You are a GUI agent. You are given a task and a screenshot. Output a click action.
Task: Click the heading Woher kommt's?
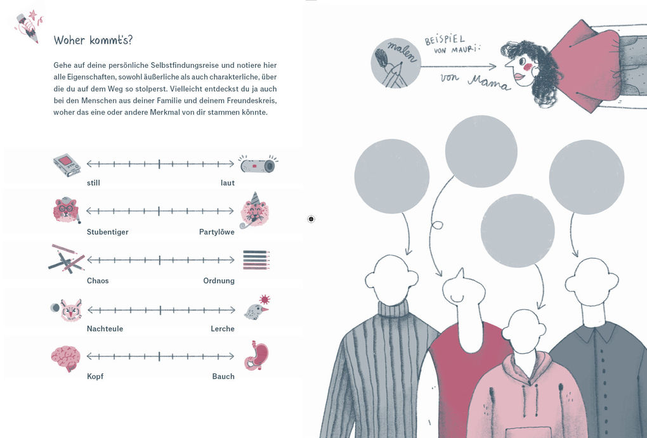point(93,41)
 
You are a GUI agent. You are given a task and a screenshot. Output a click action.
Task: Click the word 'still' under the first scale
point(94,183)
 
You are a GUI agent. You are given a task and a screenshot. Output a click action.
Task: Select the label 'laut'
point(227,183)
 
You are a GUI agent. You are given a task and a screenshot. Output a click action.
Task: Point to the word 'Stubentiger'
point(108,232)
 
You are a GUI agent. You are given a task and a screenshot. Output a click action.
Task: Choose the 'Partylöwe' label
point(217,232)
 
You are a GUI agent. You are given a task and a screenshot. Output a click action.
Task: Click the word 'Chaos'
point(98,281)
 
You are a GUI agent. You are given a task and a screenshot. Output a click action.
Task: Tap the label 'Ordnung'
point(219,281)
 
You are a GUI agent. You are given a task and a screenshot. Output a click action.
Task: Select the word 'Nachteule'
point(105,329)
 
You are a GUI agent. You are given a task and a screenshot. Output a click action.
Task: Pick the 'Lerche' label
point(223,329)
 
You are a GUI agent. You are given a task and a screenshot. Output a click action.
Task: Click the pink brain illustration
point(65,358)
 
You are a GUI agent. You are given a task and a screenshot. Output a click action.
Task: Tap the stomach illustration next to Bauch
point(256,356)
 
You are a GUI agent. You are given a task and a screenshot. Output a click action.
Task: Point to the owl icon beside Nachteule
point(70,310)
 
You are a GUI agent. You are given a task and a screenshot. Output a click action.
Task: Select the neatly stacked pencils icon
point(256,260)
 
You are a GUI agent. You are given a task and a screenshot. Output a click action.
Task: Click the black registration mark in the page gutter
point(311,219)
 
